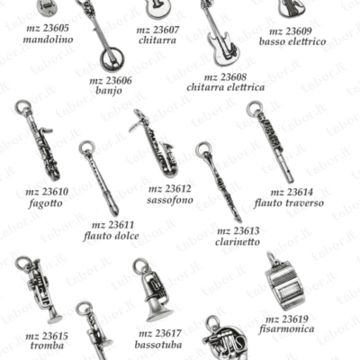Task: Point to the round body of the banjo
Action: [x=112, y=58]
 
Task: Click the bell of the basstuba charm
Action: [x=159, y=312]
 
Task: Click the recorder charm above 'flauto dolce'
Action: [x=100, y=177]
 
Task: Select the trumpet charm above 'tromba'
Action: [x=39, y=290]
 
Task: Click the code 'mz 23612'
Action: [x=169, y=189]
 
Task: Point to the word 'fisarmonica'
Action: [x=287, y=328]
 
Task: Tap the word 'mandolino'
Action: [x=48, y=40]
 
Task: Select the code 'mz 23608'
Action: [x=225, y=77]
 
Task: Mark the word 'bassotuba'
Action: [x=158, y=345]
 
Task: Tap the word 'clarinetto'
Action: [x=238, y=241]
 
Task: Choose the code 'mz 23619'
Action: [x=287, y=319]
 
